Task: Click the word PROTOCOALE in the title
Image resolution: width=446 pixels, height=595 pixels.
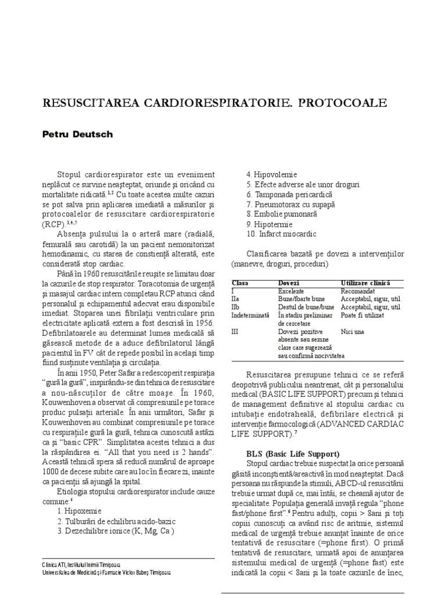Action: click(x=349, y=103)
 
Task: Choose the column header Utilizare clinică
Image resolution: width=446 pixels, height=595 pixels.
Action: click(x=365, y=282)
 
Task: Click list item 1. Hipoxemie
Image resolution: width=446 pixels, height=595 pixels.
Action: click(x=79, y=511)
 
